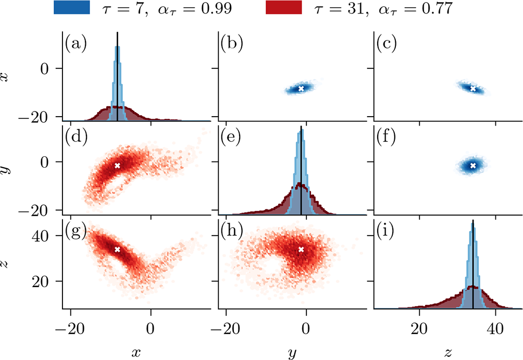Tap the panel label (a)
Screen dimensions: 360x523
click(76, 43)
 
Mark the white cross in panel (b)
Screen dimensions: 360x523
click(301, 89)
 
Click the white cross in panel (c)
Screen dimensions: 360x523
click(473, 89)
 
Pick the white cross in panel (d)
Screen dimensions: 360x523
click(117, 166)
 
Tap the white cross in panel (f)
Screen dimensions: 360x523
click(473, 166)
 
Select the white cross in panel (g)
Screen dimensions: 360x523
click(117, 250)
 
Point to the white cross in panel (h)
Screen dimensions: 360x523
click(301, 250)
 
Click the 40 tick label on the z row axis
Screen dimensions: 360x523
click(50, 236)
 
